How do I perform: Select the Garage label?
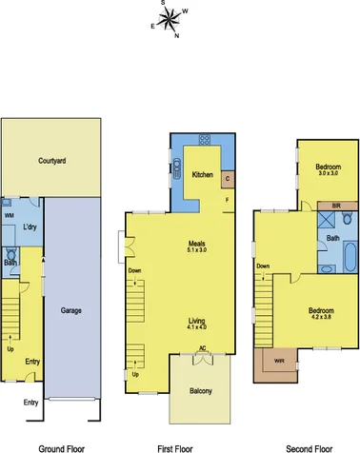tap(70, 310)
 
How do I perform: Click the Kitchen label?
tap(202, 175)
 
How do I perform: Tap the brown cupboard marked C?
tap(227, 178)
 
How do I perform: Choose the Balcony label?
tap(200, 390)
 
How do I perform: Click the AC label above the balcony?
tap(202, 349)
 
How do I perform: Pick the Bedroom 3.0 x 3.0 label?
tap(329, 169)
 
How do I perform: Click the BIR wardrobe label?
tap(335, 206)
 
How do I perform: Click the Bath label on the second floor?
tap(333, 238)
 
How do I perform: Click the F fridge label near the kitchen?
tap(227, 200)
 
